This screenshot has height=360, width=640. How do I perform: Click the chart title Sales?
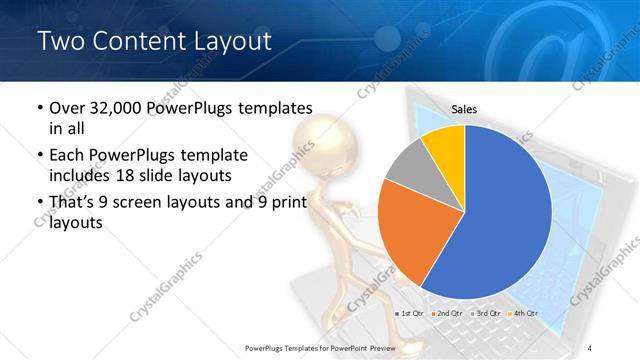click(464, 107)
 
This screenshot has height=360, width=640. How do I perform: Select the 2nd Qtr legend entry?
click(448, 314)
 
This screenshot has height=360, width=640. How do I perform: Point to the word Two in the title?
click(61, 41)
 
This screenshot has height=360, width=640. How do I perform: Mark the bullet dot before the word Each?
click(38, 156)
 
